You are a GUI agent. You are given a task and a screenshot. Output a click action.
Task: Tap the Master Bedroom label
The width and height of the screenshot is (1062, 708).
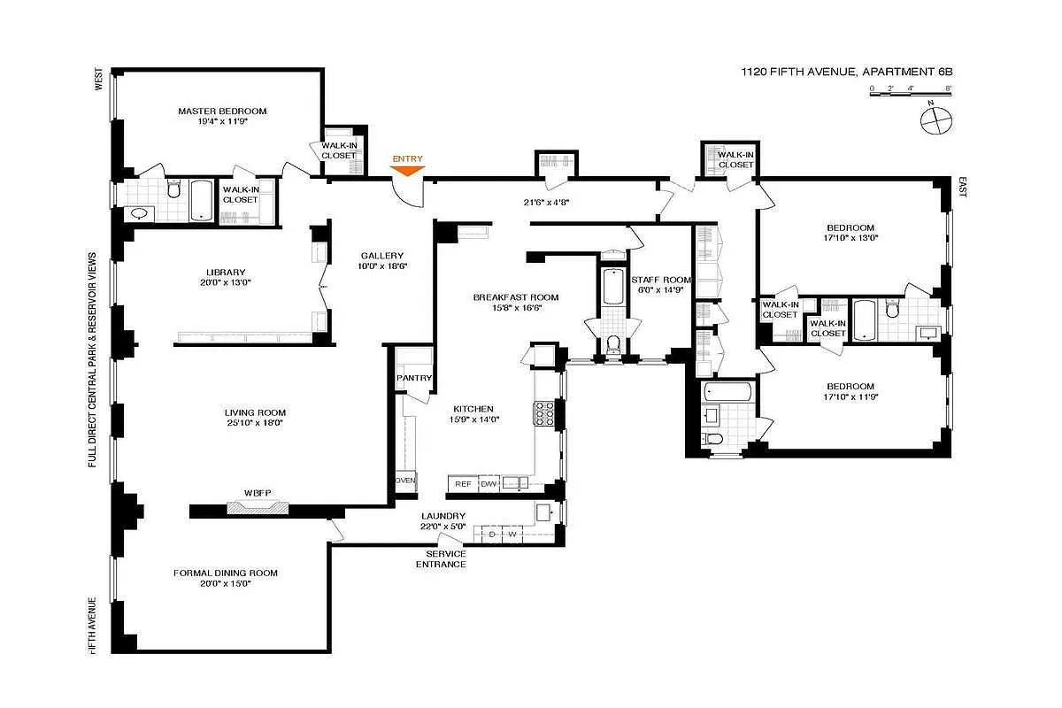point(222,112)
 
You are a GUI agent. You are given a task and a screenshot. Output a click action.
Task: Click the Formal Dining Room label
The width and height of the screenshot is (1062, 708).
point(225,573)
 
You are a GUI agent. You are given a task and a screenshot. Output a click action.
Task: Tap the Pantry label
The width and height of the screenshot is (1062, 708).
point(414,379)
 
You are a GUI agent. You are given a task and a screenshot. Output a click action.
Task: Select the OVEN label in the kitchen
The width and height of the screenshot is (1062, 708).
point(404,481)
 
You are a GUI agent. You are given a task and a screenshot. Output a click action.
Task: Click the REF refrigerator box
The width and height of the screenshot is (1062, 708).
point(463,483)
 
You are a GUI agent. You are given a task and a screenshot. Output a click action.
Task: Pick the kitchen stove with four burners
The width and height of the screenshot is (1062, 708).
point(543,412)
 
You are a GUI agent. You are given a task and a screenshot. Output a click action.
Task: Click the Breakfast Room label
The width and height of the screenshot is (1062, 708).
point(516,297)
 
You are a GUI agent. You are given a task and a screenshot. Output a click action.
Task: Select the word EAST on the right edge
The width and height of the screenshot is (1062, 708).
point(963,187)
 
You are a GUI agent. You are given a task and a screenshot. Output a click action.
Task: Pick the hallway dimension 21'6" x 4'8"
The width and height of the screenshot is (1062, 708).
point(546,202)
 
